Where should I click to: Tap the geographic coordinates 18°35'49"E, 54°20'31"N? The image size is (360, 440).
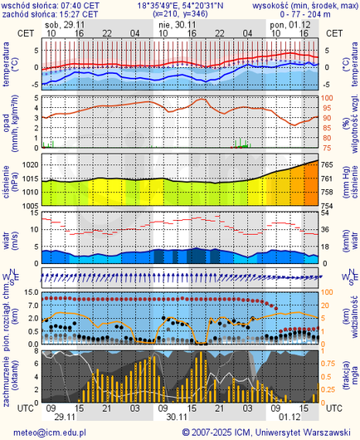(x=180, y=5)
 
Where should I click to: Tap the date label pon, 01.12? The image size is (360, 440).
(x=287, y=24)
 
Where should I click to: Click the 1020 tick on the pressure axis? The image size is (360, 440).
(x=28, y=166)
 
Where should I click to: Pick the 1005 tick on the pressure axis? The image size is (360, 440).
(x=28, y=205)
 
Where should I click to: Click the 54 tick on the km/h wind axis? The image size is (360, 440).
(x=327, y=213)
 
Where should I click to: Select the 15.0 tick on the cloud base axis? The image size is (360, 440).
(x=27, y=292)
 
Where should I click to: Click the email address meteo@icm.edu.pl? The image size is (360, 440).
(x=49, y=432)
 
